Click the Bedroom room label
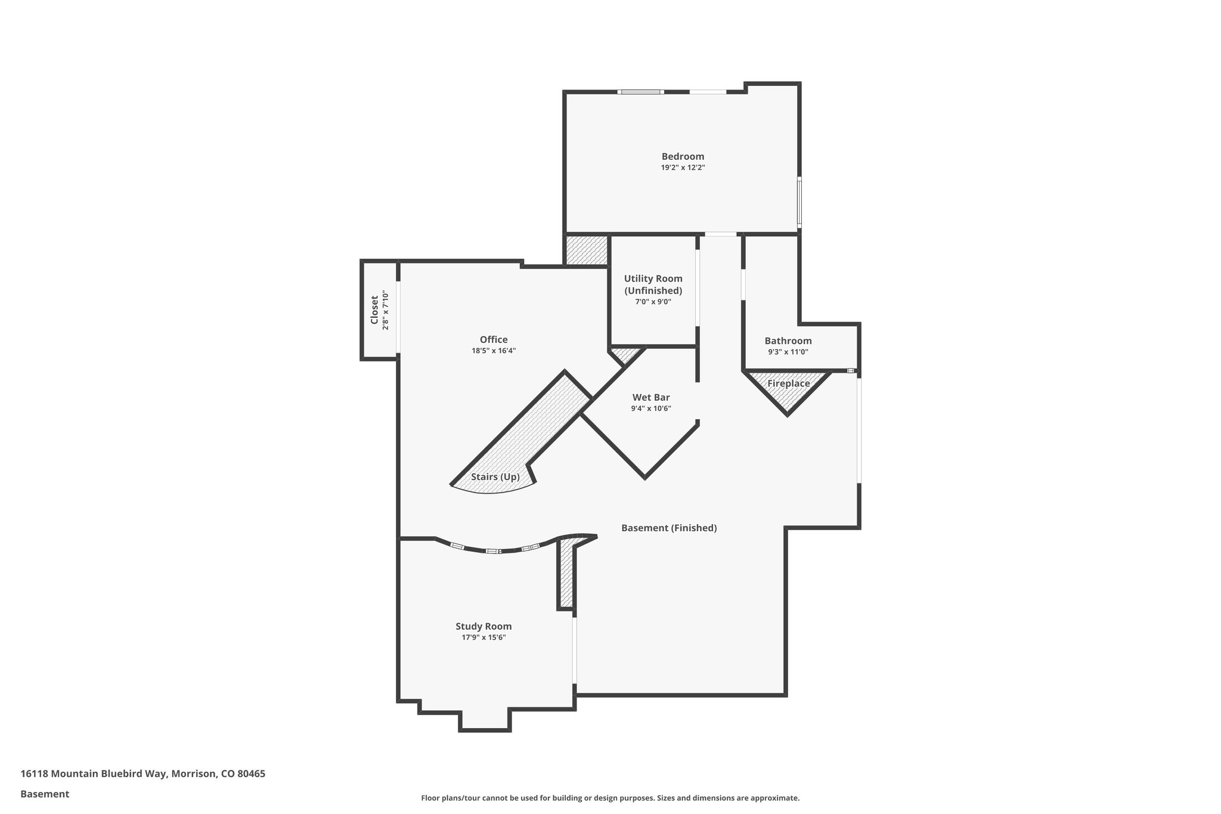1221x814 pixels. pyautogui.click(x=683, y=156)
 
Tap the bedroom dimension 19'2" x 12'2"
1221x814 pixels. pyautogui.click(x=683, y=168)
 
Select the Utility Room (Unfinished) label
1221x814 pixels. pyautogui.click(x=653, y=284)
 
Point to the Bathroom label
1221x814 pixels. pyautogui.click(x=788, y=341)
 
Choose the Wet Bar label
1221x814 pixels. pyautogui.click(x=651, y=397)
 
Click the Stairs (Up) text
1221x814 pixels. pyautogui.click(x=495, y=477)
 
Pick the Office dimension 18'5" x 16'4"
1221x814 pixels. pyautogui.click(x=493, y=351)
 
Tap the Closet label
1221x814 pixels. pyautogui.click(x=374, y=310)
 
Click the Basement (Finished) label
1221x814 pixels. pyautogui.click(x=668, y=528)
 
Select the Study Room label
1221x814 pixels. pyautogui.click(x=484, y=626)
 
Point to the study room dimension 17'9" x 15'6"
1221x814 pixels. pyautogui.click(x=484, y=637)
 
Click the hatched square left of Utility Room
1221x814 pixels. pyautogui.click(x=587, y=250)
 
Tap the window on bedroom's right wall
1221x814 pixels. pyautogui.click(x=799, y=202)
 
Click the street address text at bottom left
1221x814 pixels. pyautogui.click(x=142, y=773)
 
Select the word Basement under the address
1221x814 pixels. pyautogui.click(x=45, y=794)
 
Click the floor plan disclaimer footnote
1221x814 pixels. pyautogui.click(x=610, y=798)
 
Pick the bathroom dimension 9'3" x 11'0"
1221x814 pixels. pyautogui.click(x=788, y=352)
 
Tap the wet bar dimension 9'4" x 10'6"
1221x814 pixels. pyautogui.click(x=651, y=408)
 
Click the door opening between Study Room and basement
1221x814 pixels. pyautogui.click(x=575, y=650)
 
